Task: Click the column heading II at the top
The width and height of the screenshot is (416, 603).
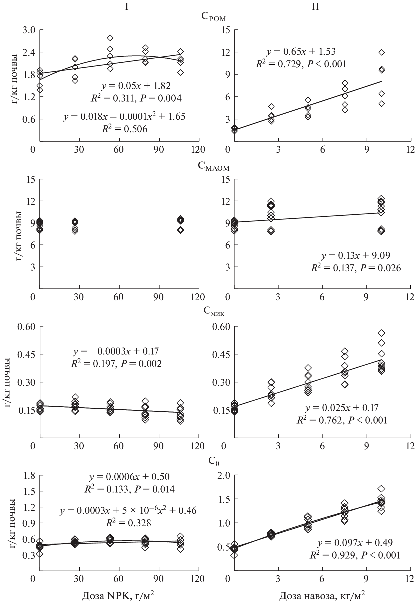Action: point(315,6)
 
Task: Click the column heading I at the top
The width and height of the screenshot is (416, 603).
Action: point(126,6)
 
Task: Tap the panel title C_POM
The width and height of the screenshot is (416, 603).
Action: point(213,17)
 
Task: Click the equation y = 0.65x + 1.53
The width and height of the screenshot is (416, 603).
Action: point(301,52)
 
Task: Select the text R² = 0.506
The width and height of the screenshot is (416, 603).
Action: point(125,129)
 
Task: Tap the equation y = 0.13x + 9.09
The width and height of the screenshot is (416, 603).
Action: point(356,255)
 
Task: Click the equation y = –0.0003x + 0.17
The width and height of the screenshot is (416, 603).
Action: point(116,351)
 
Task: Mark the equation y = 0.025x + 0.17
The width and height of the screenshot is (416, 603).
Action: point(342,407)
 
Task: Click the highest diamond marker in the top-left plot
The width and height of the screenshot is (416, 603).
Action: point(110,38)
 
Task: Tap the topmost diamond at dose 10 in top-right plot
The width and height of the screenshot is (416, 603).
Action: point(382,52)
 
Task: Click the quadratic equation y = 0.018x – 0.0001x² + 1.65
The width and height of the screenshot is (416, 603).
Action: point(125,116)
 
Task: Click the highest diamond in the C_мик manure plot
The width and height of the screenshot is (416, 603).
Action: point(382,333)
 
